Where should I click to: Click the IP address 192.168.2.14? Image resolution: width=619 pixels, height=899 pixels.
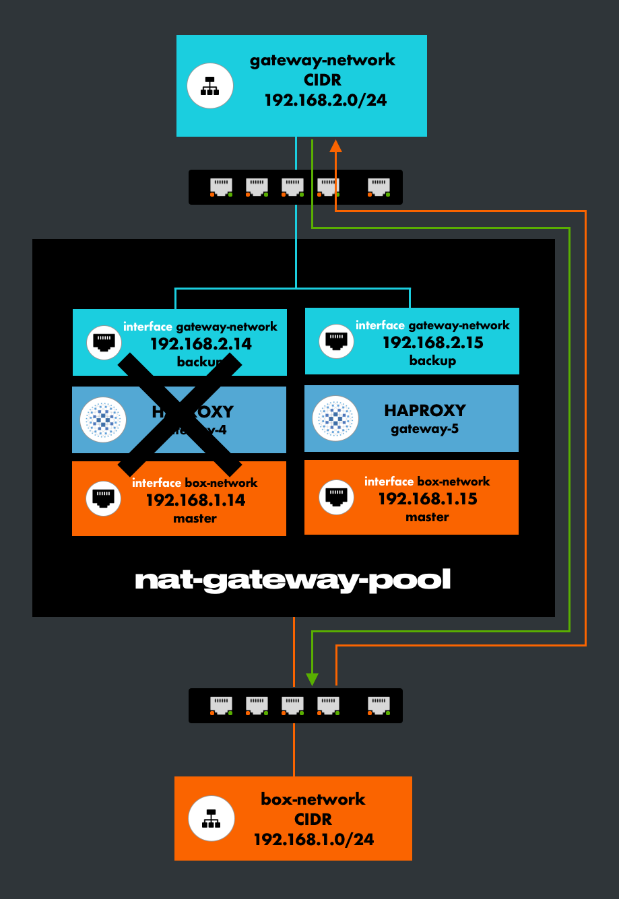click(x=201, y=344)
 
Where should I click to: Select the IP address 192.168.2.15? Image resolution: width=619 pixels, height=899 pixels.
click(x=433, y=343)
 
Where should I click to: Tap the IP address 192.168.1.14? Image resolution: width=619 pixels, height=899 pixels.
click(x=195, y=500)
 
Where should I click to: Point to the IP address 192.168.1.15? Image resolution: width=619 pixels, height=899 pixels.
click(x=428, y=499)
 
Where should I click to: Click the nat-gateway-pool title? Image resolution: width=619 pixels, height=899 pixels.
click(x=293, y=580)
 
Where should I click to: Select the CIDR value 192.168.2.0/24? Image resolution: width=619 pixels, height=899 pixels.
click(x=325, y=100)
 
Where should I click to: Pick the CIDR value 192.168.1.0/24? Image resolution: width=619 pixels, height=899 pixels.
click(x=313, y=840)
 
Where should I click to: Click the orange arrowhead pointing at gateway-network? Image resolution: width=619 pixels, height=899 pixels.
click(x=335, y=145)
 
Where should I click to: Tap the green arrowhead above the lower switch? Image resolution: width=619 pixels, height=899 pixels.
click(x=312, y=678)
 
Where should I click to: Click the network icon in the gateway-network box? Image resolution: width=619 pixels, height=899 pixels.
click(x=210, y=86)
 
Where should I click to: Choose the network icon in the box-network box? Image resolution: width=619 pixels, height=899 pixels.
click(x=211, y=818)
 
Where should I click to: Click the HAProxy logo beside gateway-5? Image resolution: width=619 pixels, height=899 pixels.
click(x=335, y=419)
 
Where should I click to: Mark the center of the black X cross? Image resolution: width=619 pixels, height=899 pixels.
click(x=180, y=415)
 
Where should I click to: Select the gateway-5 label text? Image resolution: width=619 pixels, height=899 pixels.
click(x=424, y=429)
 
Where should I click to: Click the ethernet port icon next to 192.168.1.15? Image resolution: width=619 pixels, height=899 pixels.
click(x=335, y=497)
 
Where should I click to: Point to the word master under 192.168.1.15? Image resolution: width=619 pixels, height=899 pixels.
click(x=427, y=517)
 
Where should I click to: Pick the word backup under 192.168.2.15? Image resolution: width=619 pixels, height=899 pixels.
click(x=432, y=361)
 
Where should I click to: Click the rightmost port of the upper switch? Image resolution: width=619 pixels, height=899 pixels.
click(x=379, y=187)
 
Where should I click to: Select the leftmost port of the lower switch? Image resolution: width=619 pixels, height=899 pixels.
click(x=221, y=705)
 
